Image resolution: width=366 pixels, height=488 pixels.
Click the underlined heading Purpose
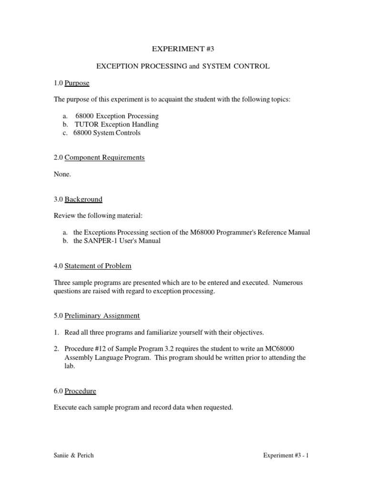77,83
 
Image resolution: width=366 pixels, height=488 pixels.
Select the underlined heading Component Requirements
104,157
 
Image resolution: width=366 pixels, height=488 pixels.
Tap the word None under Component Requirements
62,174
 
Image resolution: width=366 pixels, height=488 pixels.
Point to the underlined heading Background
83,199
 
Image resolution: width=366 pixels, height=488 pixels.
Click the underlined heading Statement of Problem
98,265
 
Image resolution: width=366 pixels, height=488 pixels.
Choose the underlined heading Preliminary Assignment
102,315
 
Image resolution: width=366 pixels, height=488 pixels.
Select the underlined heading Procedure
80,391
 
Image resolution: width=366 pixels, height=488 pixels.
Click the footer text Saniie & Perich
74,455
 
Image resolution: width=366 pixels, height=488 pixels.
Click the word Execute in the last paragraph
65,407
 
